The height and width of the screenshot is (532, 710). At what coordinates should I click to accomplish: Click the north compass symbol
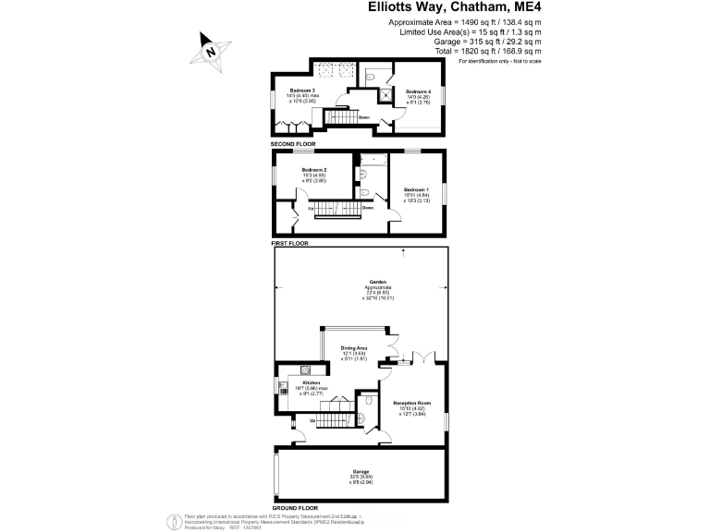(210, 52)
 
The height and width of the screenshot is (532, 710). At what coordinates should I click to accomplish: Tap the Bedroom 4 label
(418, 91)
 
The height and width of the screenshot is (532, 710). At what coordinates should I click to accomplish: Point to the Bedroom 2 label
(315, 170)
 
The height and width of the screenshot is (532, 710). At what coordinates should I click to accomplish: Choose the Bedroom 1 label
(417, 189)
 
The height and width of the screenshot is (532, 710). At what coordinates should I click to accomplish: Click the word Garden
(377, 283)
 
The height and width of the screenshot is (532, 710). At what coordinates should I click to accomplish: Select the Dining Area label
(354, 347)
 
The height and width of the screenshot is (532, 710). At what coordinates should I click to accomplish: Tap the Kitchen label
(310, 381)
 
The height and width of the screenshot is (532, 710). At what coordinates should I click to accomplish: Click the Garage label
(360, 471)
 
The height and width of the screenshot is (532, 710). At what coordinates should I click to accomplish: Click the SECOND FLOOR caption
(293, 145)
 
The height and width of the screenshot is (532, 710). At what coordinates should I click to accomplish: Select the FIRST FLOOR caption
(288, 244)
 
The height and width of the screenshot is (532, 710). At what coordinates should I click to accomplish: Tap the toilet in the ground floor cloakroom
(370, 401)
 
